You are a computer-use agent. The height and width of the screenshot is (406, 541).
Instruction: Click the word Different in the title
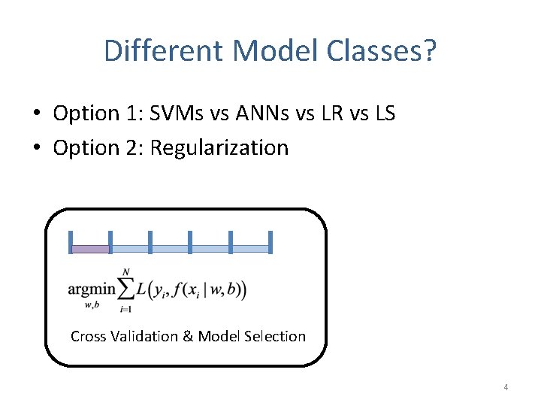pyautogui.click(x=165, y=51)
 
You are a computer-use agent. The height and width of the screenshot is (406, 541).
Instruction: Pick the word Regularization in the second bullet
pyautogui.click(x=219, y=147)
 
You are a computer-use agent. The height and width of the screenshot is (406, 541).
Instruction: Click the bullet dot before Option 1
pyautogui.click(x=36, y=114)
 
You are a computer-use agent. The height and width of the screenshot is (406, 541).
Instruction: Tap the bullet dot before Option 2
pyautogui.click(x=36, y=148)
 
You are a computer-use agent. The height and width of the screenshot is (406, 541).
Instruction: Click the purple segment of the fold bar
pyautogui.click(x=90, y=249)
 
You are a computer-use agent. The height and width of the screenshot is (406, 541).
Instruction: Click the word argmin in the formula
pyautogui.click(x=92, y=289)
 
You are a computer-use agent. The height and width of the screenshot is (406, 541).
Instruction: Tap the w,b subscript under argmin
pyautogui.click(x=92, y=304)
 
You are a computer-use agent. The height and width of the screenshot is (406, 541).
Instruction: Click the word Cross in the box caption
pyautogui.click(x=88, y=336)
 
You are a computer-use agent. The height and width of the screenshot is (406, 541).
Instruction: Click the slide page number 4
pyautogui.click(x=506, y=387)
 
